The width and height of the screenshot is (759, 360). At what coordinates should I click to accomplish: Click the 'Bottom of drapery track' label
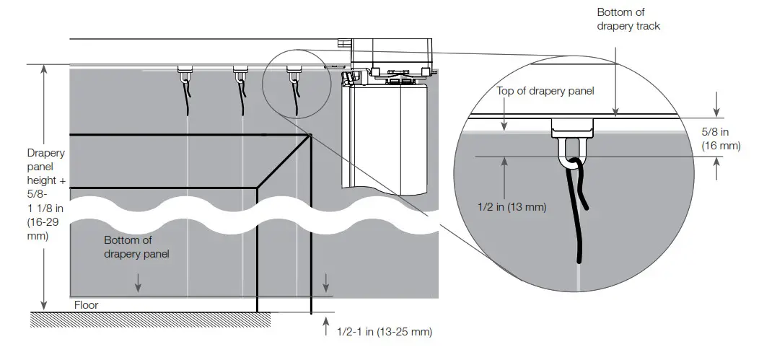click(x=628, y=19)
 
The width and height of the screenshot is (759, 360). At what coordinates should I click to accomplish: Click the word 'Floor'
click(x=86, y=305)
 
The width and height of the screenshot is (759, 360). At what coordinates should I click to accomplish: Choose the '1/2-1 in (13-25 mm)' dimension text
click(x=385, y=332)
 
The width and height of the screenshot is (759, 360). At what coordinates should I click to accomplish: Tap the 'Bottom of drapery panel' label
click(x=137, y=247)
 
